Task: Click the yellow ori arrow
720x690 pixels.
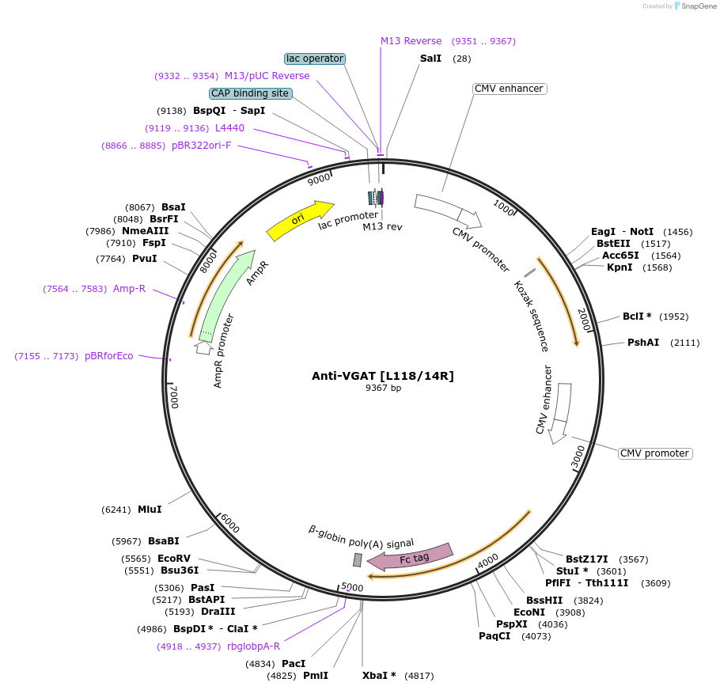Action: [x=299, y=221]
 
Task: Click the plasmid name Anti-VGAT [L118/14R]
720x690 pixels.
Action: [x=383, y=376]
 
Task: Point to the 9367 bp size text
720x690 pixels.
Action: [x=383, y=389]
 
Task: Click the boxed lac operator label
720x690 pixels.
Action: [x=315, y=59]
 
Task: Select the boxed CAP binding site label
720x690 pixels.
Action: [x=250, y=93]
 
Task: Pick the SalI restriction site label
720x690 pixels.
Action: [x=430, y=59]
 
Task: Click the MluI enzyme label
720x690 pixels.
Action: [x=150, y=510]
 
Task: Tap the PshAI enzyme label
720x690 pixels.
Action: [x=643, y=343]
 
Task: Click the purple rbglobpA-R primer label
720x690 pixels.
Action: [x=253, y=646]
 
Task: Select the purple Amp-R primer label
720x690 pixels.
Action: [x=129, y=289]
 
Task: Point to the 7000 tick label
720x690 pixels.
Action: [x=174, y=396]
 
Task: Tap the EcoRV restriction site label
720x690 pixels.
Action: [x=174, y=558]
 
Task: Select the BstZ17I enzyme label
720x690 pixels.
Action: [x=587, y=559]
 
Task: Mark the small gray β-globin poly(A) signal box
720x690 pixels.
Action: [x=358, y=559]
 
